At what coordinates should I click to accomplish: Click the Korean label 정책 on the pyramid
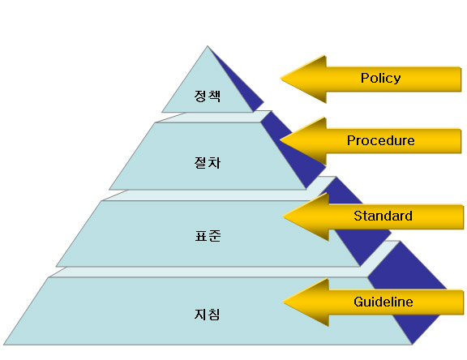(208, 96)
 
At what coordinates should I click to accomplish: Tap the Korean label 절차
(208, 163)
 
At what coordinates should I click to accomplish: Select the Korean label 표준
(208, 236)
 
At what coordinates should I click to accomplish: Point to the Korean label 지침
(208, 315)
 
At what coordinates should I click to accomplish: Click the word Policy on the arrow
(380, 79)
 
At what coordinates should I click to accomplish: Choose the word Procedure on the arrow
(380, 140)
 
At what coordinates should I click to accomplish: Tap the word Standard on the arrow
(383, 216)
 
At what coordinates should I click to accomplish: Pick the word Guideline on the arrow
(383, 302)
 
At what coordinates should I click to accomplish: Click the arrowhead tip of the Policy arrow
(281, 79)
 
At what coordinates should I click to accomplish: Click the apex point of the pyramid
(208, 46)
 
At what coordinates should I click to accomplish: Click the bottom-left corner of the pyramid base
(4, 345)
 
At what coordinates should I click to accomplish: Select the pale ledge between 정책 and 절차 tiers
(213, 117)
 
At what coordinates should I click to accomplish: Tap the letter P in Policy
(365, 78)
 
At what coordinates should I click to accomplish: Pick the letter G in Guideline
(358, 302)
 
